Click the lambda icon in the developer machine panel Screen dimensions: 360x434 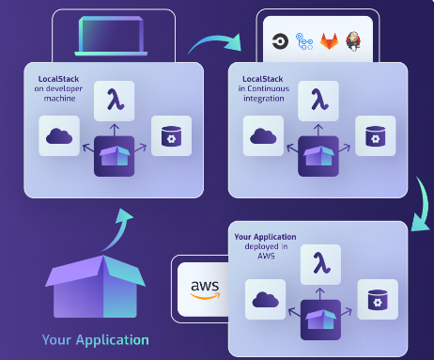click(114, 99)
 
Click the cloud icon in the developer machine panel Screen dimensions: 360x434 click(58, 137)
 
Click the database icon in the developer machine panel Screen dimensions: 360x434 click(171, 136)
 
